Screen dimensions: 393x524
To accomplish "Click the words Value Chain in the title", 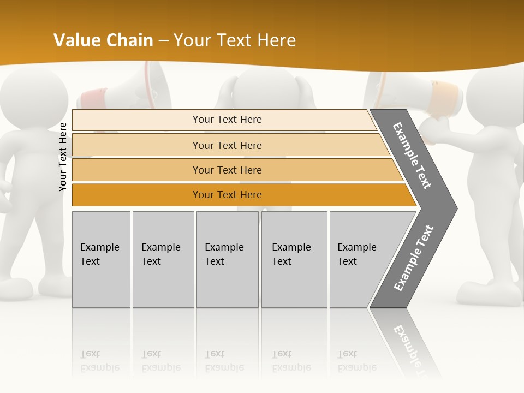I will [x=104, y=40].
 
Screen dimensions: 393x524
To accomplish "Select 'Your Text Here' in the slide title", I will [x=235, y=40].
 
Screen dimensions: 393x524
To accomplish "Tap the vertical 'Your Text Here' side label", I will [x=63, y=157].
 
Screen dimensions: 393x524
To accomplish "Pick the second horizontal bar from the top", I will [x=227, y=145].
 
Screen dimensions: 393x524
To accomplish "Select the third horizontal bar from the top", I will [x=227, y=170].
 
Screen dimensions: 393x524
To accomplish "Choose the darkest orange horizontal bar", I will [x=227, y=195].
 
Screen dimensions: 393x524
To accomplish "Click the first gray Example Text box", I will [x=101, y=259].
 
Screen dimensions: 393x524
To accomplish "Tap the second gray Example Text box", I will [x=163, y=259].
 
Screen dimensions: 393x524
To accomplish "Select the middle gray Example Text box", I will [x=227, y=259].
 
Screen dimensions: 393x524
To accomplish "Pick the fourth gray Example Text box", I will [x=294, y=259].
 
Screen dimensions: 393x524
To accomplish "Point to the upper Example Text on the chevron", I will [x=413, y=156].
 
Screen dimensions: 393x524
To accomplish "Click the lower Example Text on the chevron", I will [x=414, y=258].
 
